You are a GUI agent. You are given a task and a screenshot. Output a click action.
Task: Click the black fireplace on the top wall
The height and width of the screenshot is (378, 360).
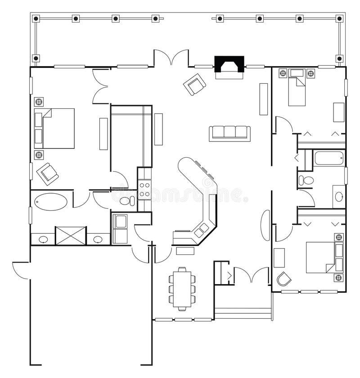(229, 64)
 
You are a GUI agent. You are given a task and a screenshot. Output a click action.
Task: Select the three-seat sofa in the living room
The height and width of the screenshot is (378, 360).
(229, 133)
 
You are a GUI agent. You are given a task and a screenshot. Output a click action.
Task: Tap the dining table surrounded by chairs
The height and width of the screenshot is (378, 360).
(182, 289)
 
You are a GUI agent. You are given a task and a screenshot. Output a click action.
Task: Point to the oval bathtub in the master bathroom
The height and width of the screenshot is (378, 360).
(50, 202)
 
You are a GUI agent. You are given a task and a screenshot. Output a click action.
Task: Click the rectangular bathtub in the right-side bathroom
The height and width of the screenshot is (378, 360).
(328, 158)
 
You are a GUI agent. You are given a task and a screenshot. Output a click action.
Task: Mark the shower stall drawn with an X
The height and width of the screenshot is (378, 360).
(70, 236)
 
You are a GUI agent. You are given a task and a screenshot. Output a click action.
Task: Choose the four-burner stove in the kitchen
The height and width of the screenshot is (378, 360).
(144, 189)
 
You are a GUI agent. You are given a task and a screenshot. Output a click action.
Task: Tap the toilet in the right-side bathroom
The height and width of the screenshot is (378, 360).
(306, 180)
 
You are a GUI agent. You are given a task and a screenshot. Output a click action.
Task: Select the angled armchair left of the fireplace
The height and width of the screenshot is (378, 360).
(194, 84)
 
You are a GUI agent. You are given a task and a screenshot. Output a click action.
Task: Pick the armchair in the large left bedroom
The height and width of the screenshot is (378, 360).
(47, 173)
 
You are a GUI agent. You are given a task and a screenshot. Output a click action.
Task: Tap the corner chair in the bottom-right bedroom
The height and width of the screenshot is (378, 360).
(283, 279)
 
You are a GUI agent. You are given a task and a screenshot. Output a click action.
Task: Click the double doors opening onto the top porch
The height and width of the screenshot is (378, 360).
(171, 58)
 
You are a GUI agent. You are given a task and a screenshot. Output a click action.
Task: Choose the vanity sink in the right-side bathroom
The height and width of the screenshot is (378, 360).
(339, 196)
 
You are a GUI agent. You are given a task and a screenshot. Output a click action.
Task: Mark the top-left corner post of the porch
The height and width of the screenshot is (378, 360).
(36, 18)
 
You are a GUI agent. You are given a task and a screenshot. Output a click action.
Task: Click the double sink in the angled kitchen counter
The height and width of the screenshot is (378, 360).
(201, 230)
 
